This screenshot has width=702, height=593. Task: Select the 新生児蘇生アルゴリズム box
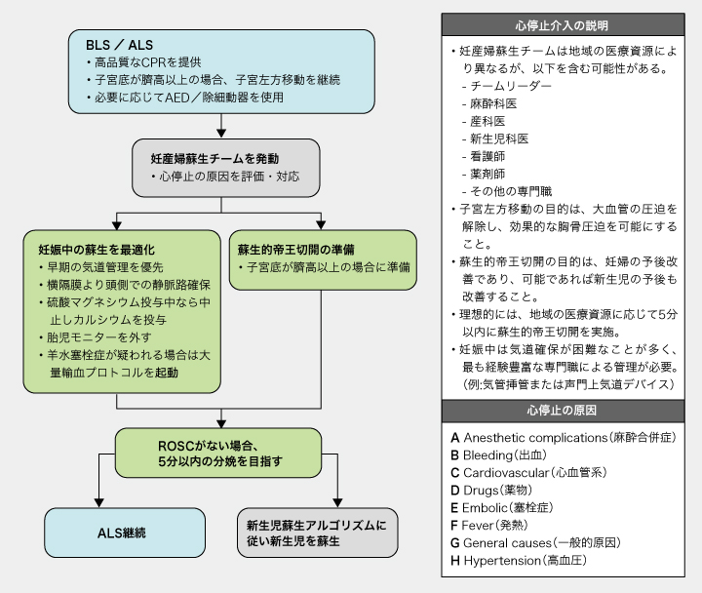tap(317, 533)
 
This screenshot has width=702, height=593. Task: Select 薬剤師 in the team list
tap(489, 174)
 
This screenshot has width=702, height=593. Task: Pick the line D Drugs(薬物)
tap(504, 491)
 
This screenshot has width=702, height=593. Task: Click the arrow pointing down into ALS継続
tap(97, 497)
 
